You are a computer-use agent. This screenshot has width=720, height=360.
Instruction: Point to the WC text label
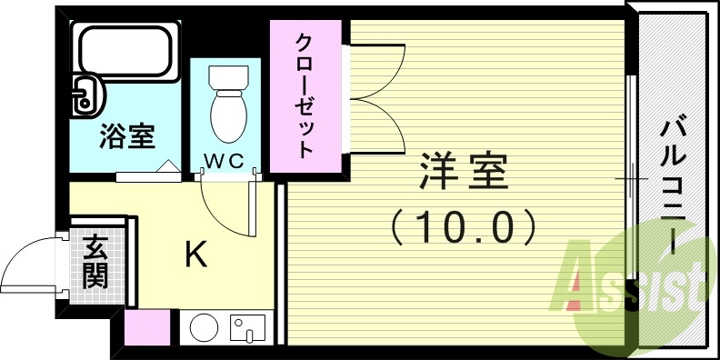click(x=224, y=161)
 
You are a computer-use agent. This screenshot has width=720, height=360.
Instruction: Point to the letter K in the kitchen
click(x=195, y=255)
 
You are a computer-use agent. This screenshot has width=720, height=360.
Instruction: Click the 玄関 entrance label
click(x=94, y=261)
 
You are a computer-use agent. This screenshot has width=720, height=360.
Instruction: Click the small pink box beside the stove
click(x=146, y=328)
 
